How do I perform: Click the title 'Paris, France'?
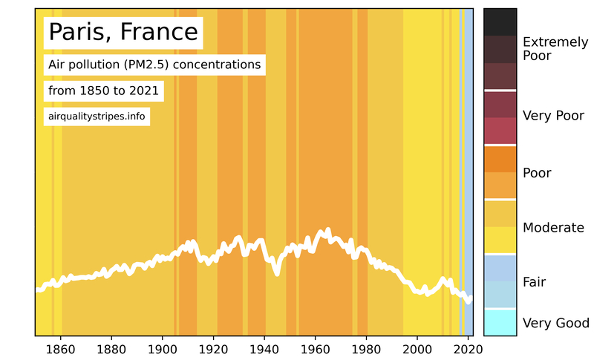[x=123, y=33]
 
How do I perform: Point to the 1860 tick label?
[x=60, y=350]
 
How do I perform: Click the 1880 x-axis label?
[x=111, y=350]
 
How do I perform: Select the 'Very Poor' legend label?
[x=553, y=116]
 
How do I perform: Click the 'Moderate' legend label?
[x=553, y=228]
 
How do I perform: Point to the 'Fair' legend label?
[x=535, y=282]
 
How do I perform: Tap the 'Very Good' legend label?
[x=556, y=323]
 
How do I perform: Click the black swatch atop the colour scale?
[x=500, y=22]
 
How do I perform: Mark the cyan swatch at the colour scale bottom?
[x=500, y=322]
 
